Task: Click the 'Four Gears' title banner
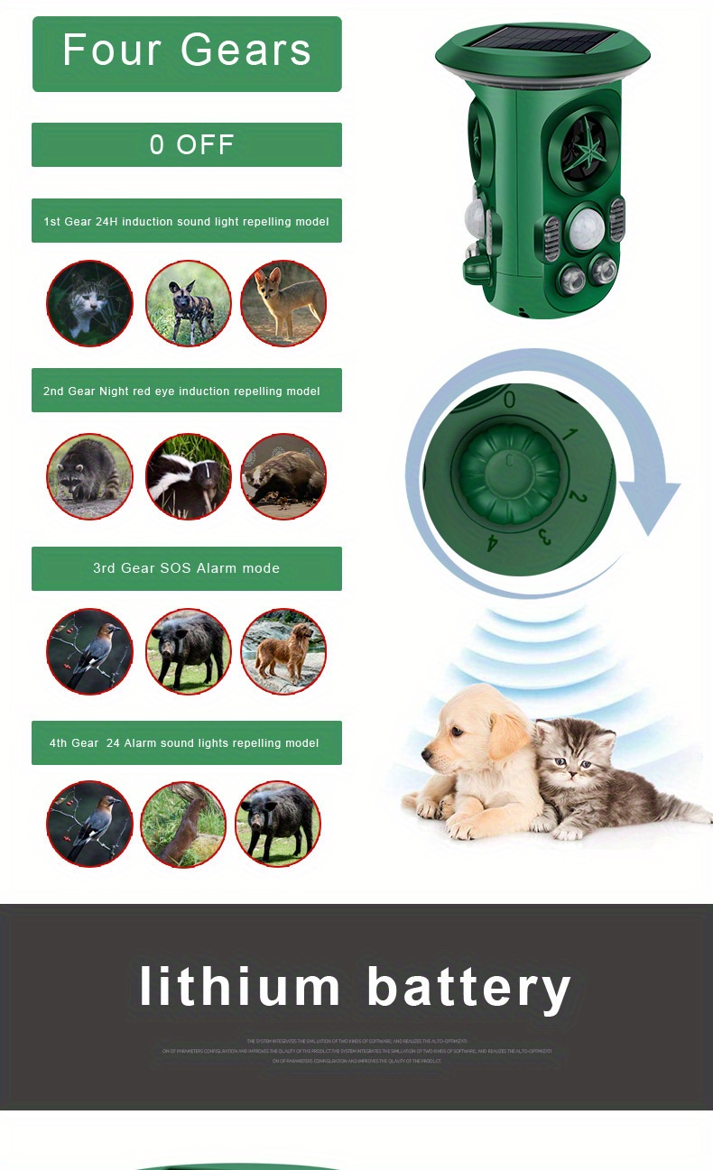[x=187, y=52]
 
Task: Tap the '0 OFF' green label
[x=187, y=144]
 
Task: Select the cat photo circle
[x=90, y=303]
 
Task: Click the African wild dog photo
[x=188, y=303]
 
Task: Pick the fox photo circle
[x=283, y=303]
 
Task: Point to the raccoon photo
[x=90, y=476]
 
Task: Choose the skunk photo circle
[x=188, y=476]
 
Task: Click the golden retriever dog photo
[x=283, y=651]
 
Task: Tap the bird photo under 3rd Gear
[x=90, y=651]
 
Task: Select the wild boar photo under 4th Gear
[x=278, y=824]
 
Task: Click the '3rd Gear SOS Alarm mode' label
[x=187, y=568]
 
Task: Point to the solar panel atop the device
[x=542, y=40]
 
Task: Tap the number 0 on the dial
[x=510, y=400]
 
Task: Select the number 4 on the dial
[x=493, y=542]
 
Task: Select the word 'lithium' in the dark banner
[x=240, y=986]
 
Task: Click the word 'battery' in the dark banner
[x=468, y=986]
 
